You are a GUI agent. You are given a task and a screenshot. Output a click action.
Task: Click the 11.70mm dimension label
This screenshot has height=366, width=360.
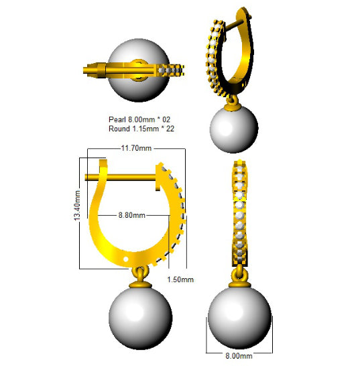136,148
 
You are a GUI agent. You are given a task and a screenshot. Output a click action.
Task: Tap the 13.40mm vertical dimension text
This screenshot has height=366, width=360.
77,205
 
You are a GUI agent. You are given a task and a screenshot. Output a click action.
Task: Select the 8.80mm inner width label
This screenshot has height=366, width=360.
131,215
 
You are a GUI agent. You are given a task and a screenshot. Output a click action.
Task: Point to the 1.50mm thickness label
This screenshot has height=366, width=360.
180,280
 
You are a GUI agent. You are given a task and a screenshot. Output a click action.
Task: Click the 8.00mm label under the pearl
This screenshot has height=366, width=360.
239,356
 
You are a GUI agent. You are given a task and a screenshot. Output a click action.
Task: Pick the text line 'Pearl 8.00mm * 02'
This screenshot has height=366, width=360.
139,119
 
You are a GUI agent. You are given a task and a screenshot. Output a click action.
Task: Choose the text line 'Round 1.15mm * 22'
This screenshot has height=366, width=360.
141,129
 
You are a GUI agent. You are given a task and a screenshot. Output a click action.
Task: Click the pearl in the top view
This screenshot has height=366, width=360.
139,70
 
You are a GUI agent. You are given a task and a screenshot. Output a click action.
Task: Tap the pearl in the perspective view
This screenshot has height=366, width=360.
234,129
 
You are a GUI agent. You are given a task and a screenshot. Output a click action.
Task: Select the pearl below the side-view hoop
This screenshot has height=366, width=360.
141,318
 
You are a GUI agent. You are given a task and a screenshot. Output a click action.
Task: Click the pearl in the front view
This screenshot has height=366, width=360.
239,318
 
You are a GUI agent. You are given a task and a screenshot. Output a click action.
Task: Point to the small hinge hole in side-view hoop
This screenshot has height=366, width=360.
125,259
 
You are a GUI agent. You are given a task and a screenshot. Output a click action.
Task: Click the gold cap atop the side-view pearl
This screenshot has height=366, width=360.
140,286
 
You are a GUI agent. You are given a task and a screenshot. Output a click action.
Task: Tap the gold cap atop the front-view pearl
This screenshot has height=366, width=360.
239,285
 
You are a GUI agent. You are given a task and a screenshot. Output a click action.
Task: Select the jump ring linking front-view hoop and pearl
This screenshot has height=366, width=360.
239,273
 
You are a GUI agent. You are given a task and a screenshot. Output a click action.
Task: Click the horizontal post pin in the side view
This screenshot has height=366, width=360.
120,177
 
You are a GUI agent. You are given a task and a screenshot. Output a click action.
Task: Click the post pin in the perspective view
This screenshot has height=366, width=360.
235,24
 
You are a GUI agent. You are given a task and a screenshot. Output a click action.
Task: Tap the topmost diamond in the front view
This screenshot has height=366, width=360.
239,168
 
